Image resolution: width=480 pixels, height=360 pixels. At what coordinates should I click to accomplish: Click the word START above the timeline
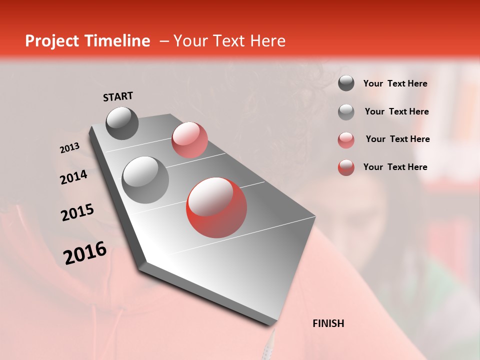[x=118, y=96]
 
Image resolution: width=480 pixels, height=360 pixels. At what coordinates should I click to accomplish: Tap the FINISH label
[x=328, y=323]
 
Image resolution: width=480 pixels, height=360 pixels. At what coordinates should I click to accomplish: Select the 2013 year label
[x=69, y=148]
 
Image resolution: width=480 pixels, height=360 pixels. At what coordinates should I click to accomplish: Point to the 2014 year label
[x=73, y=177]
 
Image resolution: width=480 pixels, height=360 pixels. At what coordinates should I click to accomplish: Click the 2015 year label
[x=77, y=212]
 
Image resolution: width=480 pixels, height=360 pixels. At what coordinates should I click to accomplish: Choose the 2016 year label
[x=85, y=253]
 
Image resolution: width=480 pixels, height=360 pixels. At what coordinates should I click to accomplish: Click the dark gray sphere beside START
[x=122, y=123]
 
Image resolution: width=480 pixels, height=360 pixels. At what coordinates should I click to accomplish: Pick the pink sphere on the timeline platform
[x=189, y=140]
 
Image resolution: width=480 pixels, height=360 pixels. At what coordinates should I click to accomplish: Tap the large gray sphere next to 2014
[x=145, y=179]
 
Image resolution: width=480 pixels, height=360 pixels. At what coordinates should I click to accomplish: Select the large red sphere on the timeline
[x=216, y=207]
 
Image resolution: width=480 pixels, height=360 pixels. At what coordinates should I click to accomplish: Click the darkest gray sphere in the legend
[x=346, y=83]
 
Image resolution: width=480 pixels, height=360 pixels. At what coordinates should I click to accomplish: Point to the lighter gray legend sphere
[x=346, y=112]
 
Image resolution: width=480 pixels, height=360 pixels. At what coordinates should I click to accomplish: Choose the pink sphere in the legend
[x=346, y=139]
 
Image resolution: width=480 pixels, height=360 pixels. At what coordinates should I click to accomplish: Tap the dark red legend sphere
[x=346, y=167]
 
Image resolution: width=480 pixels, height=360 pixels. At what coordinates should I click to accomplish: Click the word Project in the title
[x=51, y=41]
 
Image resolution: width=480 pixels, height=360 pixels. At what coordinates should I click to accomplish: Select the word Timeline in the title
[x=118, y=41]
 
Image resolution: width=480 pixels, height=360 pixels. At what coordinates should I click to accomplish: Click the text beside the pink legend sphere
[x=397, y=139]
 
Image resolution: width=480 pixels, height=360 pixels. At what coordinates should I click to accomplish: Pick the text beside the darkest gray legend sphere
[x=395, y=83]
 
